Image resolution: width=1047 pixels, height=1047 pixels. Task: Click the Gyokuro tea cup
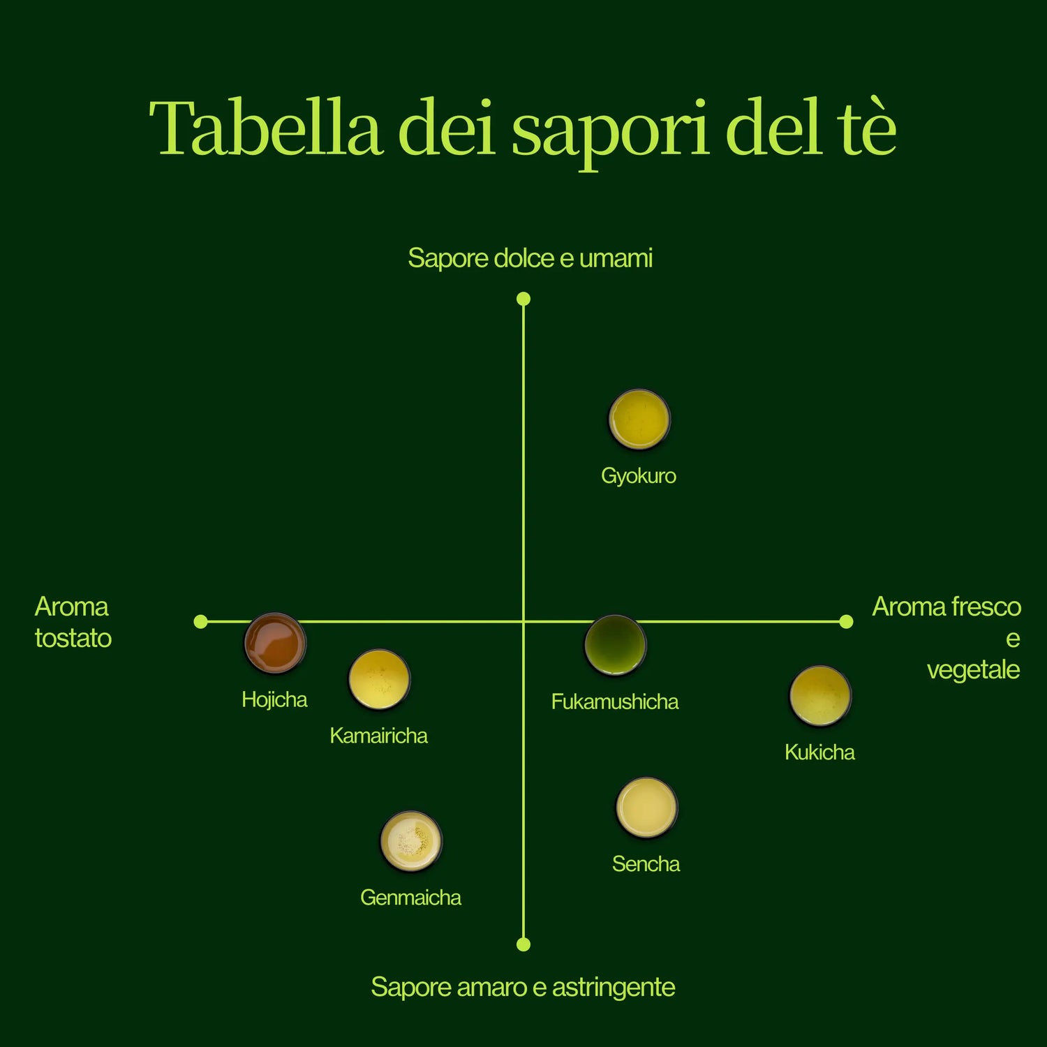[x=639, y=419]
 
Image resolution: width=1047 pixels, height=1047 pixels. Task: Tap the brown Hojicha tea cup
[x=275, y=643]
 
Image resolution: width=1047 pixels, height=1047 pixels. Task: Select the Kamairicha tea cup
[x=379, y=679]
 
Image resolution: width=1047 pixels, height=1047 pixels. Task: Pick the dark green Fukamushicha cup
[x=615, y=645]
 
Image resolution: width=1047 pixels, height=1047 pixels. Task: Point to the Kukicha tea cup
[x=820, y=696]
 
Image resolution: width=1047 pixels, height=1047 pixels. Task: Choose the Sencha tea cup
[x=646, y=808]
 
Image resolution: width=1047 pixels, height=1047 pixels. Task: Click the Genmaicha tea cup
[x=411, y=841]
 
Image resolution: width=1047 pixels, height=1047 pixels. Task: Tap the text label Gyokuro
[x=639, y=477]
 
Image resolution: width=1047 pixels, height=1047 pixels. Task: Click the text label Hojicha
[x=274, y=700]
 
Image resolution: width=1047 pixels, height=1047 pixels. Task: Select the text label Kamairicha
[x=378, y=736]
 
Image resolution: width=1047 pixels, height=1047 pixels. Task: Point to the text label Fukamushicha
[x=615, y=701]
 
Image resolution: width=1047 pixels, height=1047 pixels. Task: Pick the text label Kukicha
[x=819, y=752]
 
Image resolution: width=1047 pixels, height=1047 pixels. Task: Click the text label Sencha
[x=646, y=864]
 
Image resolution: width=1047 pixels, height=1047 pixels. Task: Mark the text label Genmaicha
[x=410, y=898]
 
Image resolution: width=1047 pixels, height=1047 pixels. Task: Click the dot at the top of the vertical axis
[x=523, y=299]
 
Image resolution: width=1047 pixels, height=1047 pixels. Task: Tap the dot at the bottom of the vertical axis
[x=523, y=944]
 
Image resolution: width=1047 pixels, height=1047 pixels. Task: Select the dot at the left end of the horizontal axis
[x=201, y=621]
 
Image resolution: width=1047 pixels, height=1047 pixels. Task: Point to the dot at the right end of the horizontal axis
[x=846, y=621]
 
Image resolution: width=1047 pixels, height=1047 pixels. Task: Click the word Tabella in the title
[x=266, y=128]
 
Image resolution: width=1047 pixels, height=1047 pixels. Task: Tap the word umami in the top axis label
[x=616, y=258]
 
